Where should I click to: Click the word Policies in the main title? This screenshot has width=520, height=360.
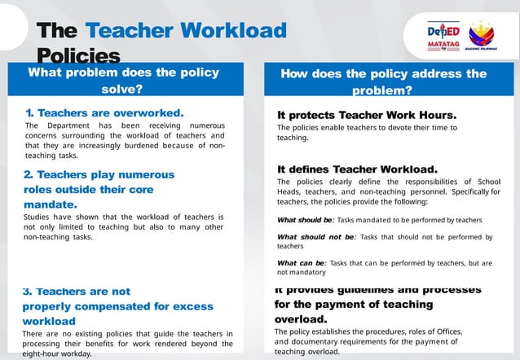coord(78,56)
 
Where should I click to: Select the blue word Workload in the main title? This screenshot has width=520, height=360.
coord(236,31)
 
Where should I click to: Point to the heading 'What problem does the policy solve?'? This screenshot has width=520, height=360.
coord(124,81)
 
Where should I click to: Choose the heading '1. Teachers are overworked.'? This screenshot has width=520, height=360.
coord(104,112)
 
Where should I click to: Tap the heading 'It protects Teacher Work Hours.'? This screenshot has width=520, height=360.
coord(367,115)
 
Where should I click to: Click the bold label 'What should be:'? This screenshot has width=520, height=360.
coord(306,220)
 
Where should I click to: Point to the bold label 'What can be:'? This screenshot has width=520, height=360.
coord(302,263)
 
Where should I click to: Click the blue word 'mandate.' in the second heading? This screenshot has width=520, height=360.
coord(51,204)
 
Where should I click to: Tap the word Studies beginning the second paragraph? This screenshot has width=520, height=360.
coord(42,217)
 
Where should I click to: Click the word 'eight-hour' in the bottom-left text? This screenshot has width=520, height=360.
coord(47,354)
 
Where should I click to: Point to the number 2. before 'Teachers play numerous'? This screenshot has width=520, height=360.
coord(29,174)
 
